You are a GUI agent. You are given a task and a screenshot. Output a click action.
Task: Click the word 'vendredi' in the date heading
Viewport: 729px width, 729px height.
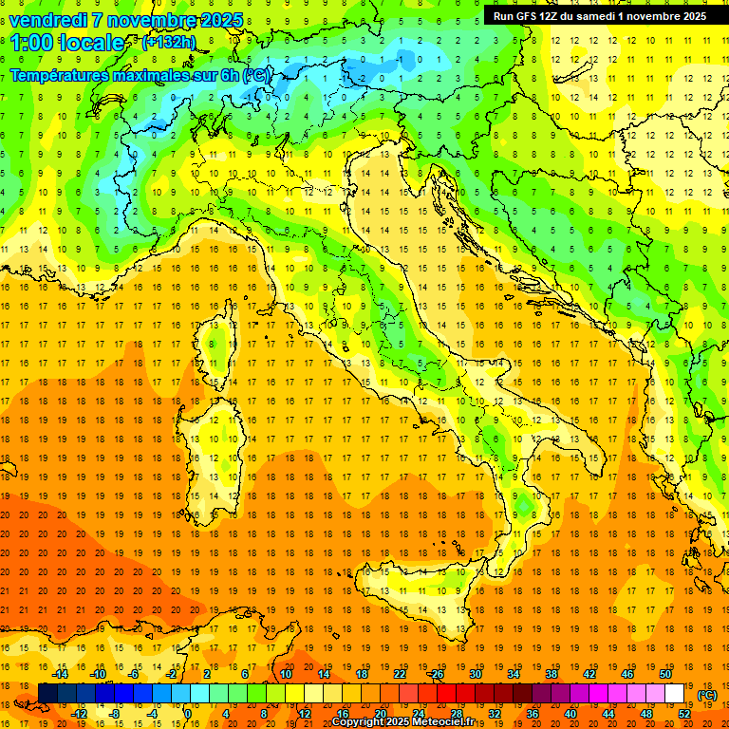pos(49,20)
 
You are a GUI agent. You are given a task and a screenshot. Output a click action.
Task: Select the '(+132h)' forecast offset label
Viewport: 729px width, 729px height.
pos(169,43)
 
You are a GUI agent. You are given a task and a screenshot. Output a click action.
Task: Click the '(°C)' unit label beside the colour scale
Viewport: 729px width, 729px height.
pos(707,695)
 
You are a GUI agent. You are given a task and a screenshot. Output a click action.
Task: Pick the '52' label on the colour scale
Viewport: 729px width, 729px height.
pos(684,713)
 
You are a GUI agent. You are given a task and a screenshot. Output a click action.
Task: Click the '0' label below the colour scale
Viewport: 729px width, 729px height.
pos(187,713)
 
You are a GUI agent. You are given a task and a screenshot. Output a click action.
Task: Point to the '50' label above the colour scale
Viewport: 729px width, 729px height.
pos(664,674)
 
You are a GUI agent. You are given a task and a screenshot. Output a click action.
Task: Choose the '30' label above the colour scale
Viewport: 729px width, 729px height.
pos(475,674)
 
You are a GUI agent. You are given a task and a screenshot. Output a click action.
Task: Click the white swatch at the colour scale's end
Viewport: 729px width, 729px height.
pos(674,694)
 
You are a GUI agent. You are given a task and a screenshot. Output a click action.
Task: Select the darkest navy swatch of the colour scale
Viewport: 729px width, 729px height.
pos(47,694)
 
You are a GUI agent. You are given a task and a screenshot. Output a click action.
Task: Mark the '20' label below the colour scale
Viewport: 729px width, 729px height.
pos(380,713)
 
